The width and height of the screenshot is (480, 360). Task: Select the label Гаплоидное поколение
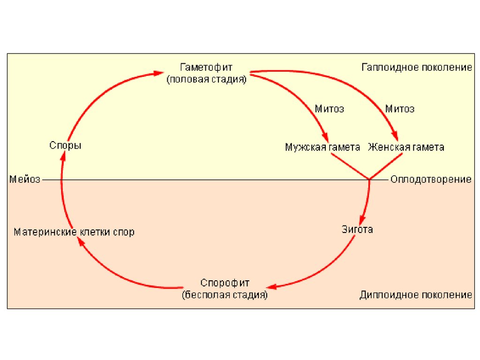click(417, 67)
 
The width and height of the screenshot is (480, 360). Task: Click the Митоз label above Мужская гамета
click(330, 109)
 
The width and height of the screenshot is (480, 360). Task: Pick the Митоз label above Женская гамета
click(400, 109)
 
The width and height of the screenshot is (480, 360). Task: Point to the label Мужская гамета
click(322, 147)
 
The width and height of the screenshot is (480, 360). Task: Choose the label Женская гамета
click(406, 147)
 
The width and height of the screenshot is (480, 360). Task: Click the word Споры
click(65, 146)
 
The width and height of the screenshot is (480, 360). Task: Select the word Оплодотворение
click(431, 180)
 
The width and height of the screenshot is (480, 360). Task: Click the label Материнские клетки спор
click(74, 232)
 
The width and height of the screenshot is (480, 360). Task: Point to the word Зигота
click(357, 230)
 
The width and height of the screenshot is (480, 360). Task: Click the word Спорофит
click(225, 283)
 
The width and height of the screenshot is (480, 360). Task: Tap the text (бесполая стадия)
click(225, 295)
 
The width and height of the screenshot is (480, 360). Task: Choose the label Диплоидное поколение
click(416, 295)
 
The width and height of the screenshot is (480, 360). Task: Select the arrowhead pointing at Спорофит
click(271, 286)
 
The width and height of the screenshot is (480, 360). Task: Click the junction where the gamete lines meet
click(369, 180)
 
